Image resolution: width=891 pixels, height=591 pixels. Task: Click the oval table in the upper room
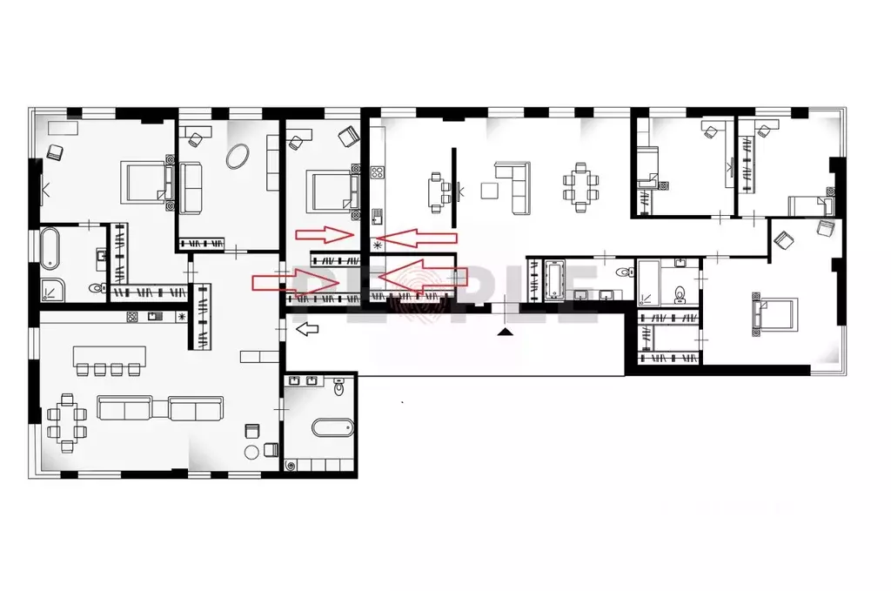(x=237, y=157)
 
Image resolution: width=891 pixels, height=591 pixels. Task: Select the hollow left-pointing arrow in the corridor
(x=306, y=329)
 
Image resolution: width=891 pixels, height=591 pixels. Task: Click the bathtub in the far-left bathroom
(x=50, y=248)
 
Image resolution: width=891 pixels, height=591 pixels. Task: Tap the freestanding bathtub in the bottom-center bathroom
(x=332, y=428)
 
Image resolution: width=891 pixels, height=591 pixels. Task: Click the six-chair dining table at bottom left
(x=67, y=420)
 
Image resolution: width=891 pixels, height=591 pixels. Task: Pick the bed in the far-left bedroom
(x=144, y=180)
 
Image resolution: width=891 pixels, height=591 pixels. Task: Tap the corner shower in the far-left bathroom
(x=53, y=289)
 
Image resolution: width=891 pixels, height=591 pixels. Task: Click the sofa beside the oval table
(x=191, y=188)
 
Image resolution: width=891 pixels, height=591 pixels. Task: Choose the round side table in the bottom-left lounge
(x=252, y=451)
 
